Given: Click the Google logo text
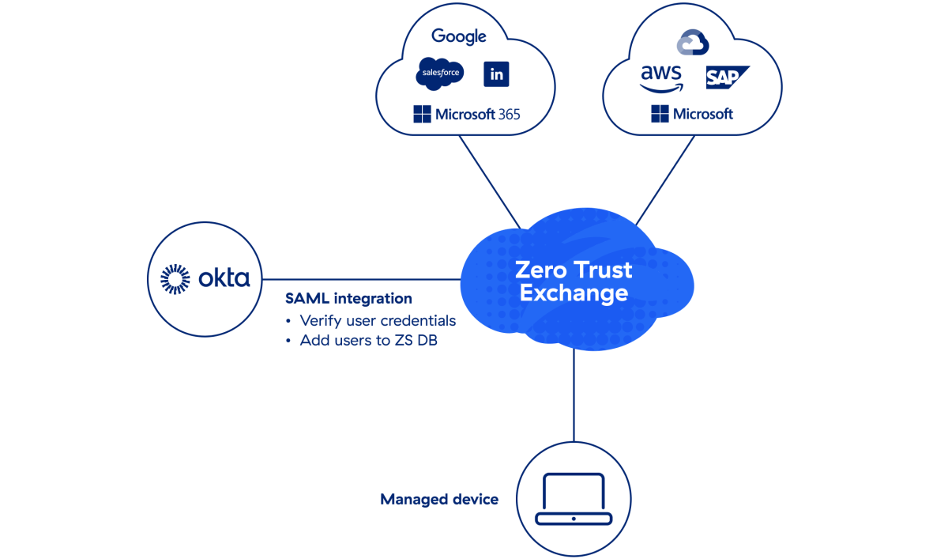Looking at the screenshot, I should (x=458, y=36).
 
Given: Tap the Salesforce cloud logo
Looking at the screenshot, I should (x=439, y=74).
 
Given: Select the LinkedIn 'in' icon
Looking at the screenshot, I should (x=496, y=74).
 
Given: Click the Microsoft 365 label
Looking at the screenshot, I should (x=467, y=115).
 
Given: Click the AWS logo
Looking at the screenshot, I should (x=661, y=77).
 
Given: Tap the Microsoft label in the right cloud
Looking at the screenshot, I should (x=693, y=115).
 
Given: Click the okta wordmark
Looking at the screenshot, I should (x=224, y=278).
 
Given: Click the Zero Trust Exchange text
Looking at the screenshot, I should (x=574, y=281).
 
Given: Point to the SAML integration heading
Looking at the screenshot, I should (x=348, y=299).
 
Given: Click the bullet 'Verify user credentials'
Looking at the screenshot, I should (x=377, y=320).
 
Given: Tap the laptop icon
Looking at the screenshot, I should (x=574, y=499).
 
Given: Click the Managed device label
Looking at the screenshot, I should (x=439, y=499).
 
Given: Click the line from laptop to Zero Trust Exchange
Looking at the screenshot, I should (x=574, y=395).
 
